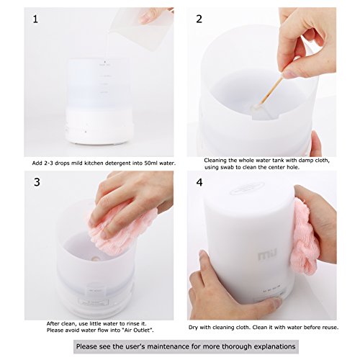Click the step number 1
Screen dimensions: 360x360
coord(35,19)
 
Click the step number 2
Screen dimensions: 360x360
coord(199,19)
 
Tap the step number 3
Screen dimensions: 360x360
coord(37,182)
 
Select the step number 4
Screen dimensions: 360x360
coord(199,182)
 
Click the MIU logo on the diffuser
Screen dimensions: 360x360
coord(268,255)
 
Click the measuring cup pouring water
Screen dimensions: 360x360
coord(142,27)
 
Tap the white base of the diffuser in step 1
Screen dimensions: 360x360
coord(99,126)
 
